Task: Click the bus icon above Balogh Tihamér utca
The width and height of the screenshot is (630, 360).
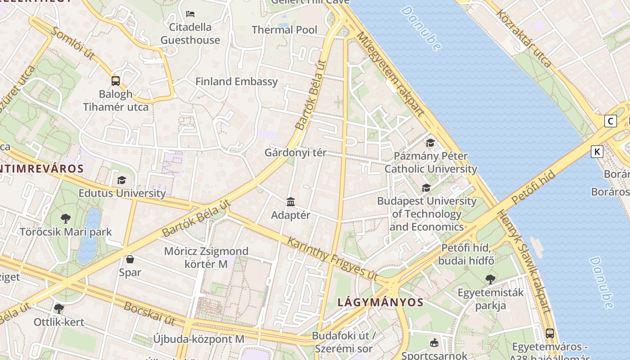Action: pyautogui.click(x=116, y=81)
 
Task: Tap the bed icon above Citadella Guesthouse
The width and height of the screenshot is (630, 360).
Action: pyautogui.click(x=190, y=14)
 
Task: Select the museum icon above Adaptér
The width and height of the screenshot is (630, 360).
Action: pyautogui.click(x=291, y=202)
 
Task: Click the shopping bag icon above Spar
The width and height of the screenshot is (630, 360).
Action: pyautogui.click(x=130, y=259)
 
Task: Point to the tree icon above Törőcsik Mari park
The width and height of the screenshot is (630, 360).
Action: pyautogui.click(x=66, y=219)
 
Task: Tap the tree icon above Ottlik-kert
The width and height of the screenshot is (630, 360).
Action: pyautogui.click(x=58, y=309)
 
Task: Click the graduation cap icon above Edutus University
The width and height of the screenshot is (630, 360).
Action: pyautogui.click(x=121, y=180)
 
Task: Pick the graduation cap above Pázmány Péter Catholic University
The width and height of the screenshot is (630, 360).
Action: pyautogui.click(x=431, y=143)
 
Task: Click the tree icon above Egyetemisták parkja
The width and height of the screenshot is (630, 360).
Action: pyautogui.click(x=490, y=279)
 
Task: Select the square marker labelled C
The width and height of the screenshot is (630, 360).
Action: pyautogui.click(x=611, y=121)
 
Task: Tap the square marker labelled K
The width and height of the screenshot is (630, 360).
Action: pyautogui.click(x=597, y=152)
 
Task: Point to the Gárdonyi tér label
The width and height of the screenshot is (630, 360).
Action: pyautogui.click(x=295, y=153)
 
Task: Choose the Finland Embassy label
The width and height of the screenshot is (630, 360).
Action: pyautogui.click(x=237, y=81)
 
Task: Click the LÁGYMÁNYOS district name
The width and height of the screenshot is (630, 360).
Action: pyautogui.click(x=380, y=302)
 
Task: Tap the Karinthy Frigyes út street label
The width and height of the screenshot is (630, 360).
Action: pyautogui.click(x=333, y=259)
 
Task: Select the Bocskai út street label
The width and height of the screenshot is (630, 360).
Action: pyautogui.click(x=149, y=314)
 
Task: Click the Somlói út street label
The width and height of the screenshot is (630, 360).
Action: pyautogui.click(x=73, y=43)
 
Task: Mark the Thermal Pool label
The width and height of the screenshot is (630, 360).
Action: pyautogui.click(x=284, y=30)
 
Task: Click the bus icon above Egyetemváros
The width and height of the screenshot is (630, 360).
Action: pyautogui.click(x=549, y=333)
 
